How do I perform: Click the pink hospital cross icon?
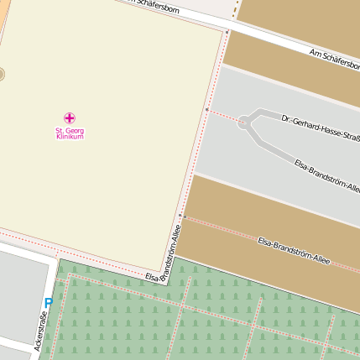[70, 118]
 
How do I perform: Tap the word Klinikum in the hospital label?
[70, 137]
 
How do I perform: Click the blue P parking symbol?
[48, 304]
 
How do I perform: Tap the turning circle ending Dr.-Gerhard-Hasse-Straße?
[244, 122]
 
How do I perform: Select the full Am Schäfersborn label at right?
[334, 60]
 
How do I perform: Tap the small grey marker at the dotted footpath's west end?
[206, 108]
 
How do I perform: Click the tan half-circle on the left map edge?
[2, 75]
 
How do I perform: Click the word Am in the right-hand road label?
[315, 53]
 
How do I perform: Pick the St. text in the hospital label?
[60, 131]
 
